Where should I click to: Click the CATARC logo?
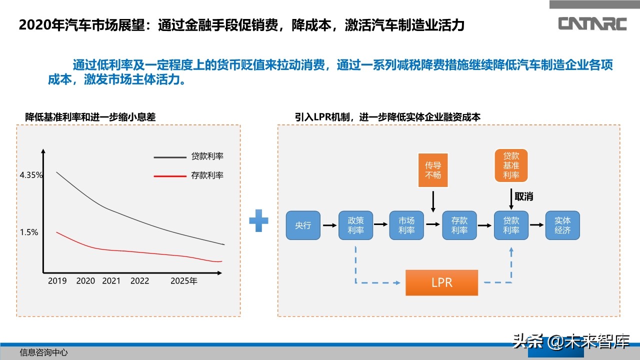(x=592, y=23)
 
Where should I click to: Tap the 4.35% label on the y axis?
(x=31, y=175)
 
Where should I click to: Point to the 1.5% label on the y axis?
(x=29, y=232)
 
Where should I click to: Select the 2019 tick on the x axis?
(x=57, y=281)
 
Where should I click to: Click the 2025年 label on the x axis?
(x=183, y=281)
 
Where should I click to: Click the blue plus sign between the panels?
(x=258, y=221)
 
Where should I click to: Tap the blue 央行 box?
(x=303, y=225)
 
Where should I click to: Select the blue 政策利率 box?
(x=356, y=225)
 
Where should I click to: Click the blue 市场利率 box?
(x=406, y=225)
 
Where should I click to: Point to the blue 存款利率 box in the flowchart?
(x=459, y=225)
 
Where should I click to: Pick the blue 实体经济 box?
(x=562, y=225)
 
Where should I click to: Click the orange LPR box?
(x=441, y=282)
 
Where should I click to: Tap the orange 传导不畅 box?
(x=433, y=170)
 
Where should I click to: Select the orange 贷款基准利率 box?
(x=511, y=165)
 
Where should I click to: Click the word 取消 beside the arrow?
(x=524, y=196)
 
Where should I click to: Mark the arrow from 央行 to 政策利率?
(x=329, y=225)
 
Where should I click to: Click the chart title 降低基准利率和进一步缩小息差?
(x=90, y=117)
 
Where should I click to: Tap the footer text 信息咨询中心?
(x=43, y=352)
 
